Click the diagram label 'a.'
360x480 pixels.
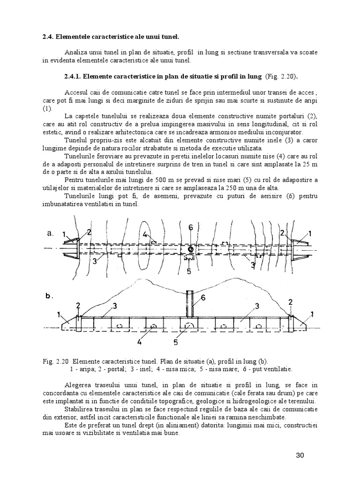pos(52,232)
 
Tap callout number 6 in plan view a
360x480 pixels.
pos(190,227)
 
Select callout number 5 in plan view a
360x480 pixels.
pos(190,270)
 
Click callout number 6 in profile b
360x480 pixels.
pos(203,297)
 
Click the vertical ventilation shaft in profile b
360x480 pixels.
pos(189,305)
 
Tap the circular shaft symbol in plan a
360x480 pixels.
pos(191,248)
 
